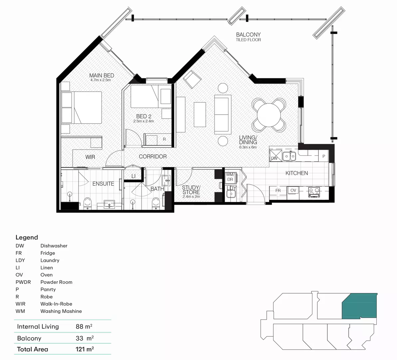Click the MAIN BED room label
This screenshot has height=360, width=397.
point(102,76)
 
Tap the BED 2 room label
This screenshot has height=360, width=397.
point(144,116)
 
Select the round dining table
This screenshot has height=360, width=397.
point(269,114)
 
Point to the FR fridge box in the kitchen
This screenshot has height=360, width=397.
point(278,191)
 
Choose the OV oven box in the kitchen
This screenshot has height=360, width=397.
point(293,191)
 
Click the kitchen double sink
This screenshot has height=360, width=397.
point(289,156)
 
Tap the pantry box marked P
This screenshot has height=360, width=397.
point(323,156)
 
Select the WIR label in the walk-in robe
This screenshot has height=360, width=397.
point(90,157)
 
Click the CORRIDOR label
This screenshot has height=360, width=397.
point(153,156)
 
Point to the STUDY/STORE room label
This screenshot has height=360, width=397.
point(191,190)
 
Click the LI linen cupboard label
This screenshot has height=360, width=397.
point(133,176)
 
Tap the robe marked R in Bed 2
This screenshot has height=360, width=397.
point(164,139)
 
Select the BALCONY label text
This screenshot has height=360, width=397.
point(248,35)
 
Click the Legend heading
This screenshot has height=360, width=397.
point(27,237)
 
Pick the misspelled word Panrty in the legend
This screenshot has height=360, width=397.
point(48,289)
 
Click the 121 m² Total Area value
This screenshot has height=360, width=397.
point(85,349)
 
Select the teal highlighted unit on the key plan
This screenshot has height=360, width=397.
point(359,306)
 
